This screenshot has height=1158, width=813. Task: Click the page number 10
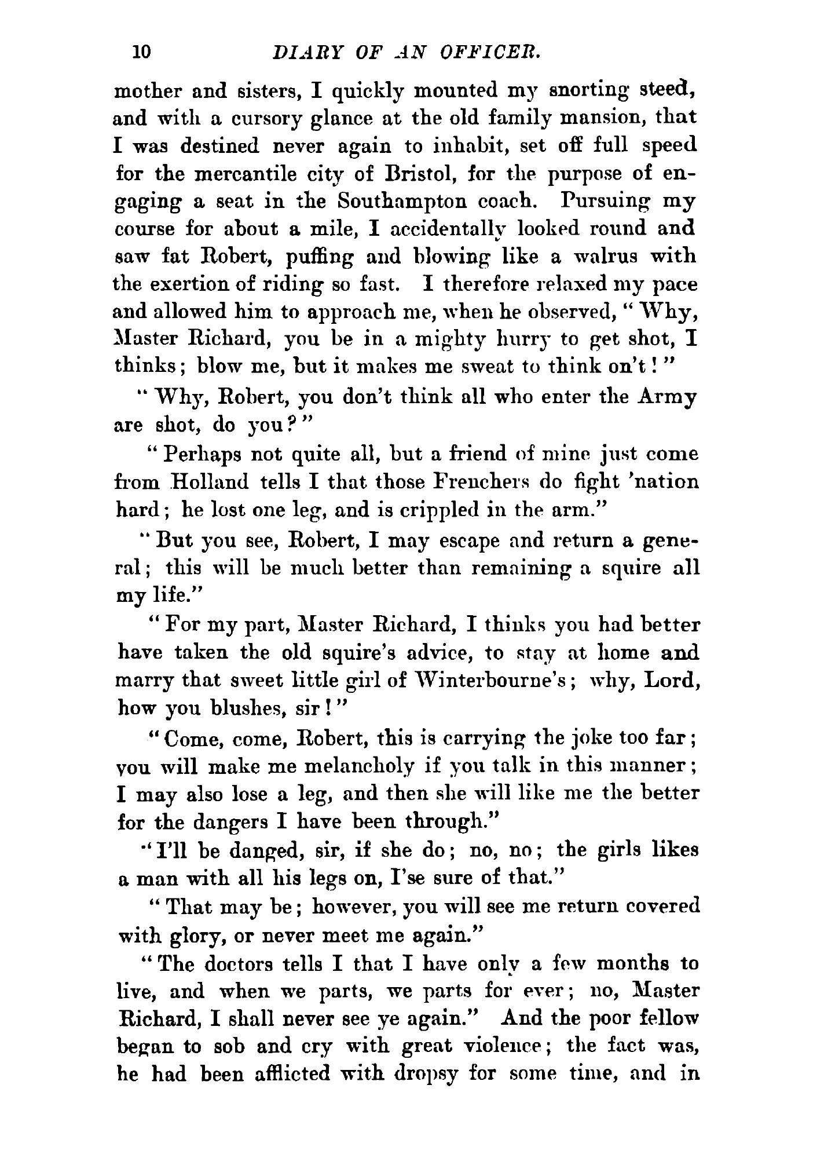(x=141, y=53)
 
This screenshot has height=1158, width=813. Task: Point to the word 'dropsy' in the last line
(x=437, y=1075)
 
